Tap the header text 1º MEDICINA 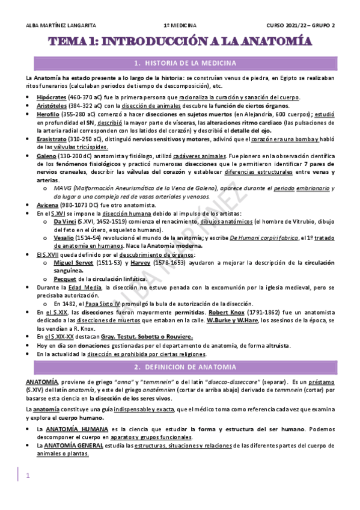coord(180,25)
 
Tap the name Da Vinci coord(65,221)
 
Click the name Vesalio coord(64,238)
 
